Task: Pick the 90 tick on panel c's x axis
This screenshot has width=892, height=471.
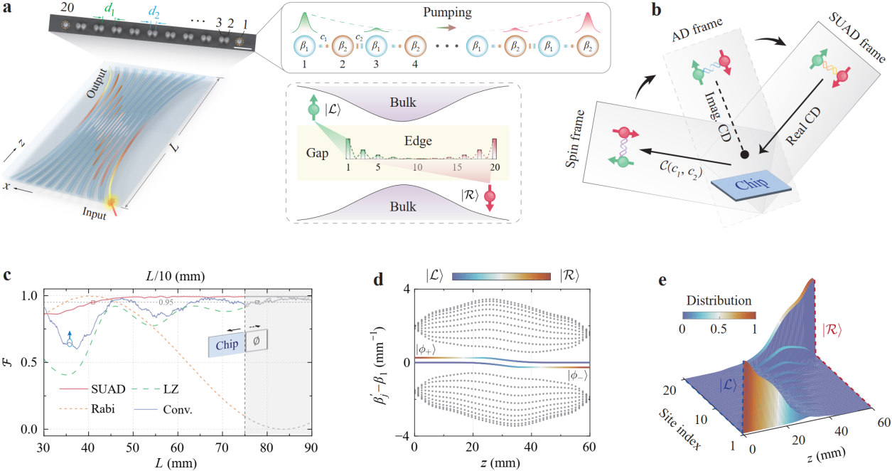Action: point(310,448)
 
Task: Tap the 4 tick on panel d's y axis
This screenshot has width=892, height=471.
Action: point(402,288)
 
